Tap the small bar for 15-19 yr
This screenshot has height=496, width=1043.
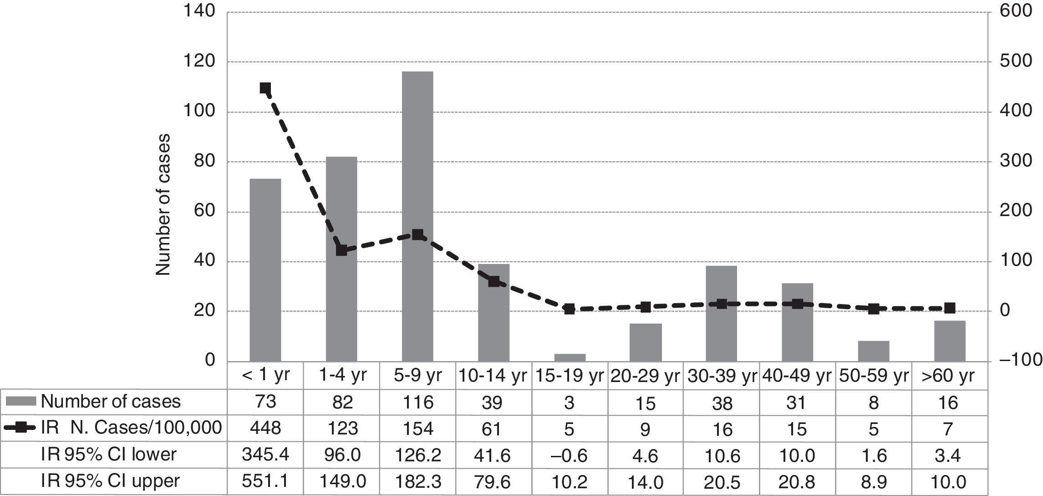570,358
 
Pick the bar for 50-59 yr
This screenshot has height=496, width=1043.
873,351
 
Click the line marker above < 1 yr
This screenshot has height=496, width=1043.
265,88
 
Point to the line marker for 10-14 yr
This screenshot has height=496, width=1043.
494,281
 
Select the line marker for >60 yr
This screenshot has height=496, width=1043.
949,308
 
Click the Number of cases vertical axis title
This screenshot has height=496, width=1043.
163,204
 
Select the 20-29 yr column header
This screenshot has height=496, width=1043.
645,376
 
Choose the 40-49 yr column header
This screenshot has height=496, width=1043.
797,376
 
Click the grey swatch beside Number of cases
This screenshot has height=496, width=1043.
21,402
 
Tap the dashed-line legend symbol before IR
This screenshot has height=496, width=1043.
20,428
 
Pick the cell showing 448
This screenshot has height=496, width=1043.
265,429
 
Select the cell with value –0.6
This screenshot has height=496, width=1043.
570,455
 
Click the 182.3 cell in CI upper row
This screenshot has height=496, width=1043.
417,481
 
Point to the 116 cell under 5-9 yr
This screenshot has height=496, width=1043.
417,402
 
